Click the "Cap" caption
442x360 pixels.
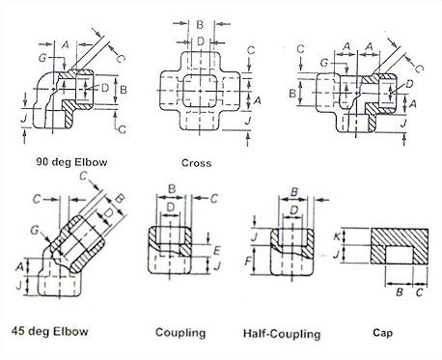coord(381,333)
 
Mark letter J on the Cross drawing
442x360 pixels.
coord(250,121)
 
